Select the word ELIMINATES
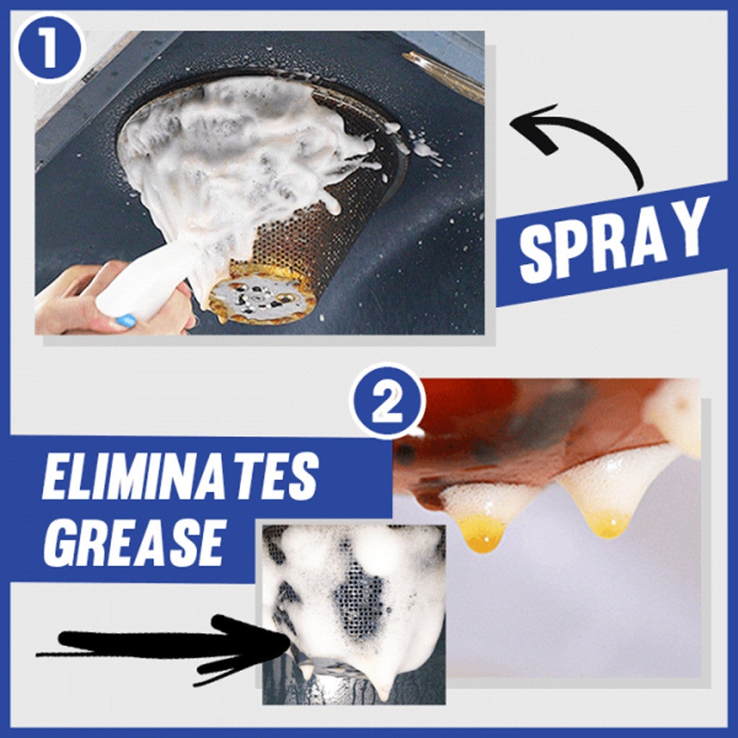(179, 478)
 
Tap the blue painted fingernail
(124, 321)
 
